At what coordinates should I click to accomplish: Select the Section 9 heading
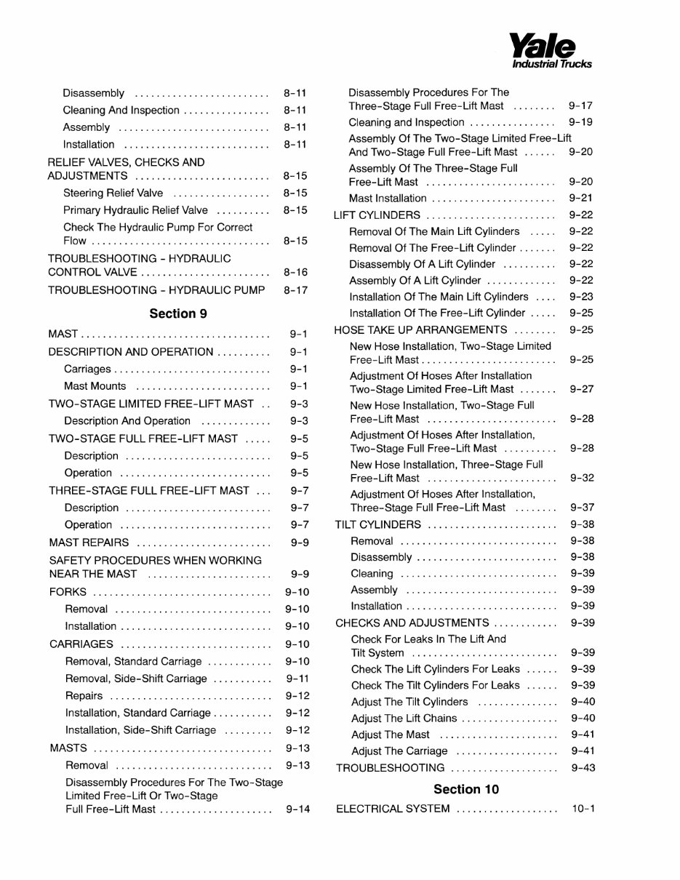pos(178,313)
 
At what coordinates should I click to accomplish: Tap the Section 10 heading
pos(466,789)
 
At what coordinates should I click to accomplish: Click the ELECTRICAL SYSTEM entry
pos(393,809)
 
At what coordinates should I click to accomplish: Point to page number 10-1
pos(583,809)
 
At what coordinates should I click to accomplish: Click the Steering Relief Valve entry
pos(113,193)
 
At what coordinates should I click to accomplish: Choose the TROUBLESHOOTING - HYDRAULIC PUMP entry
pos(157,290)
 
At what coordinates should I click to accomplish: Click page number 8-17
pos(295,290)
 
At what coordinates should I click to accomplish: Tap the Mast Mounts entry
pos(95,386)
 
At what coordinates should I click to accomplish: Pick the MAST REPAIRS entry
pos(89,543)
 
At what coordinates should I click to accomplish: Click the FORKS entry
pos(68,592)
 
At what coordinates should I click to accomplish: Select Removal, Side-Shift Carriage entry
pos(136,679)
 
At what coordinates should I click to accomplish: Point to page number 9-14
pos(297,809)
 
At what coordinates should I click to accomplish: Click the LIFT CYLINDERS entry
pos(377,215)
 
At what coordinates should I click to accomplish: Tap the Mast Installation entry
pos(388,198)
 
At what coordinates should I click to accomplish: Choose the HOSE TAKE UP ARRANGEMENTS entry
pos(420,329)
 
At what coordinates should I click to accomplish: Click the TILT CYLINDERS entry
pos(377,524)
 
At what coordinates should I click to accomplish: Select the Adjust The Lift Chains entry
pos(404,719)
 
